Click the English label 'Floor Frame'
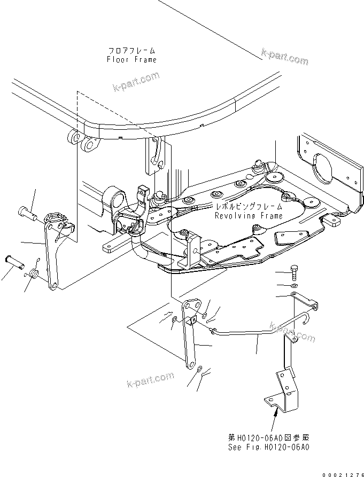(131, 60)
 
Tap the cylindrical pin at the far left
(15, 262)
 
